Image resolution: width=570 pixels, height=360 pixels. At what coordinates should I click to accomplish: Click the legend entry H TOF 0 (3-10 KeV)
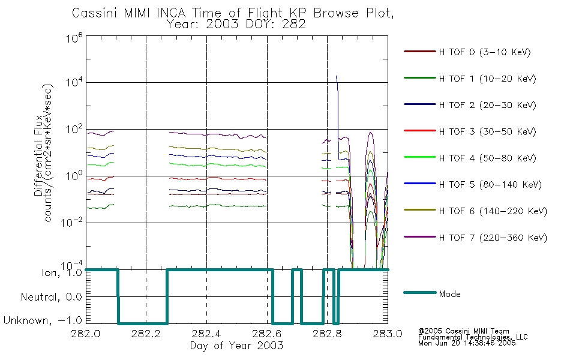coord(485,52)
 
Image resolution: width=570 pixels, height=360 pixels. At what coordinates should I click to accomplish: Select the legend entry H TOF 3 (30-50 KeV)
coord(487,131)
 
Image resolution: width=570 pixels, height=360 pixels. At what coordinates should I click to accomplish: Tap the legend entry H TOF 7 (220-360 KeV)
coord(493,238)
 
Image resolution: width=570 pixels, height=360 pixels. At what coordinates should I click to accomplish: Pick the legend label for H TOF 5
coord(490,185)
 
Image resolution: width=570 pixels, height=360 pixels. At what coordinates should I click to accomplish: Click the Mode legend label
coord(449,294)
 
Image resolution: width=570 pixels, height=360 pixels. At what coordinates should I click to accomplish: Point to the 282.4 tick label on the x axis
coord(206,334)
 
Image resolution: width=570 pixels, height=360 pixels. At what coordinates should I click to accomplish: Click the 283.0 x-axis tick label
coord(388,334)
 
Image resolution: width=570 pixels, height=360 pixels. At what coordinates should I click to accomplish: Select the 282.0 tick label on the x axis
coord(85,334)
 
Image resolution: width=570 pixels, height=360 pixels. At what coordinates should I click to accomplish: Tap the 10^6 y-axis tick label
coord(74,38)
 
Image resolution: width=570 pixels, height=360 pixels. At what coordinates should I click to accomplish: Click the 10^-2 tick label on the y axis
coord(71,222)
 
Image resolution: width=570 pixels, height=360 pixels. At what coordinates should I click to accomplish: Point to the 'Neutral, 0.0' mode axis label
coord(51,297)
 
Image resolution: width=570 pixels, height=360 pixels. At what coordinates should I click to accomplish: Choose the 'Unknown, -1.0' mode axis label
coord(43,320)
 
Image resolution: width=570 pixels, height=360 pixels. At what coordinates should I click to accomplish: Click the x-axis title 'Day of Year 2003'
coord(236,346)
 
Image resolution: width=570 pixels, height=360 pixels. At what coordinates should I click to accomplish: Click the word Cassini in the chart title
coord(94,13)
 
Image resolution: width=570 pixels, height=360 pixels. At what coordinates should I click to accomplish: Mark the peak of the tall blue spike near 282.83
coord(336,76)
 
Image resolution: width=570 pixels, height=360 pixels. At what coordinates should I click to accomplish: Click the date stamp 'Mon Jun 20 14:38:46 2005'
coord(467,343)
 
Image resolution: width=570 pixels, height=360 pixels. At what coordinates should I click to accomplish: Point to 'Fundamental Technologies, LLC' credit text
coord(473,337)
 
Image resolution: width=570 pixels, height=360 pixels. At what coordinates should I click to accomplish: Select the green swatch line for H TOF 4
coord(419,157)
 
